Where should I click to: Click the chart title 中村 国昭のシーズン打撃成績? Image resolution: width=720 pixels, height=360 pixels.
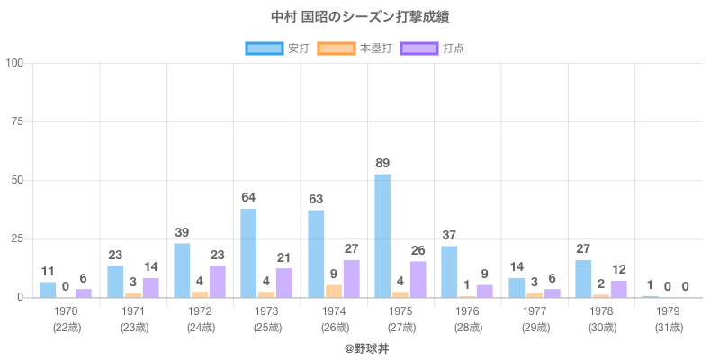pos(360,17)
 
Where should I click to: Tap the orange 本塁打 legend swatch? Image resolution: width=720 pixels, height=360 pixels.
pos(335,48)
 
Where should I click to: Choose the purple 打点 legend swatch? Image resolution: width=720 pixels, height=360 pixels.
pos(418,48)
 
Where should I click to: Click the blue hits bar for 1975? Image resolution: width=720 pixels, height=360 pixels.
pos(382,236)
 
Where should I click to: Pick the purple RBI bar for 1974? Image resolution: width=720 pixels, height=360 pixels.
pos(351,279)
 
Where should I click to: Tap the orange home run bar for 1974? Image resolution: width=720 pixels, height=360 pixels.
pos(334,291)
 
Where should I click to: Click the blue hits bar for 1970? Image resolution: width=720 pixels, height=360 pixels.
pos(49,290)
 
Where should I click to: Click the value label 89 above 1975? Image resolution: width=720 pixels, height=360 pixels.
pos(383,163)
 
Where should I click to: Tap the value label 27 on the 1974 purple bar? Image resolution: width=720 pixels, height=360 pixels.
pos(351,248)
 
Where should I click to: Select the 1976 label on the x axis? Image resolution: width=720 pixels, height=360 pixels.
pos(467,311)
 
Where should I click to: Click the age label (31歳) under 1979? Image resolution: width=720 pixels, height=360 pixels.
pos(668,327)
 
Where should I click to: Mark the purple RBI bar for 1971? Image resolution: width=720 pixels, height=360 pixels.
pos(150,287)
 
